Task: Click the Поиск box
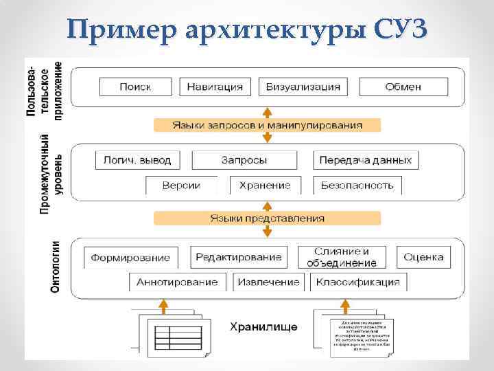[135, 87]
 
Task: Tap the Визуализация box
[303, 87]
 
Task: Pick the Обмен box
[403, 87]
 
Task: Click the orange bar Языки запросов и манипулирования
[268, 125]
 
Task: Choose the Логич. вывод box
[137, 160]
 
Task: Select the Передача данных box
[366, 160]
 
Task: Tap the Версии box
[181, 185]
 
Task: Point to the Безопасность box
[357, 185]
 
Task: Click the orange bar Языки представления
[268, 218]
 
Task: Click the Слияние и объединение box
[342, 257]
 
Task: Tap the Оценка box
[423, 257]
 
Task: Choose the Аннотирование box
[177, 282]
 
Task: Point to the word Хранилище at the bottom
[263, 326]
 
